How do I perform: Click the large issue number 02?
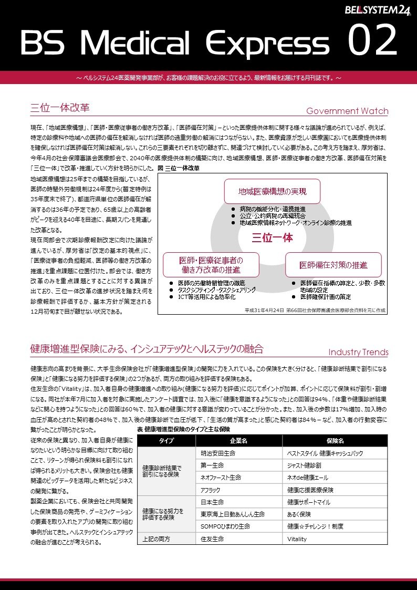click(372, 43)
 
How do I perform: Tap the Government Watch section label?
click(347, 111)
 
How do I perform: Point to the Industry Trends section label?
click(358, 352)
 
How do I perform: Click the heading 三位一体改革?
click(60, 108)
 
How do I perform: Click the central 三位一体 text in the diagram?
click(272, 237)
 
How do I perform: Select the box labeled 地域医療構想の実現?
click(272, 191)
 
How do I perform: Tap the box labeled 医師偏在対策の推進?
click(333, 265)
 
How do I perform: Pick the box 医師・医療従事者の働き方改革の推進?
click(211, 265)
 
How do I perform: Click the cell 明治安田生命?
click(218, 453)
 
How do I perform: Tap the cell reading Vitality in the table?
click(297, 539)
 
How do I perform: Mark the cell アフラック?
click(211, 489)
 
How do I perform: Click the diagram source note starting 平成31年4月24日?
click(315, 310)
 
